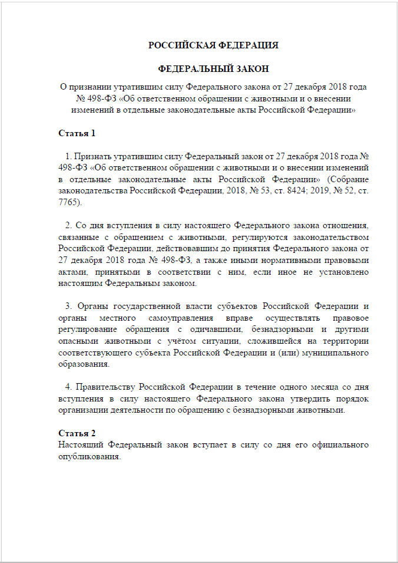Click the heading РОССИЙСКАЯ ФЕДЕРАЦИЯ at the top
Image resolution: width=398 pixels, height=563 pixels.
click(x=213, y=45)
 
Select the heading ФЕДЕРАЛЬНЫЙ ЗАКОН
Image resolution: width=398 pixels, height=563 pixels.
click(x=213, y=68)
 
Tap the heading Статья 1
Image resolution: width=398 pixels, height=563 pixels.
click(x=77, y=133)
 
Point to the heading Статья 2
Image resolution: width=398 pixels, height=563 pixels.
click(x=77, y=433)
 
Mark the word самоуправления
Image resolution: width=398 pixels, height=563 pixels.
click(x=135, y=319)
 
